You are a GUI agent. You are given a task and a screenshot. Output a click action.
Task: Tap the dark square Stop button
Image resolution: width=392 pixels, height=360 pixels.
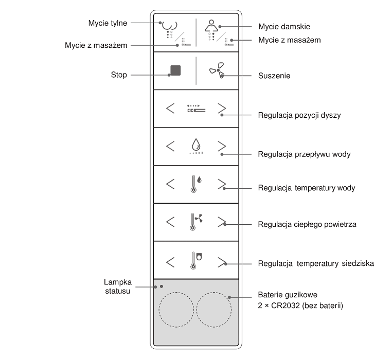pos(175,70)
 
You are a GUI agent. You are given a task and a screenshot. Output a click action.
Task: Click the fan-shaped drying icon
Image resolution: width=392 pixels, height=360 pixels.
pos(217,70)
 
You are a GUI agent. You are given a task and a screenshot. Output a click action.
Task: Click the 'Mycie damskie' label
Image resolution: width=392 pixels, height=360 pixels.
pos(284,26)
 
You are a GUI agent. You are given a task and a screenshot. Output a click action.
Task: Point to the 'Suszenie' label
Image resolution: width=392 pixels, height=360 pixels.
pos(274,76)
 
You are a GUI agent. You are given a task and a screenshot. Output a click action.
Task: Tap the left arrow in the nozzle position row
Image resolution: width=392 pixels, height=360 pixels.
pos(170,109)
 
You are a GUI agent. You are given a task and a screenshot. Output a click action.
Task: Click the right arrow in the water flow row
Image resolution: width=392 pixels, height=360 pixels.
pos(222,146)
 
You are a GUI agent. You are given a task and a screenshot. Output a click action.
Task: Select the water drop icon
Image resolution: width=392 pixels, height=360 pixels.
pos(195,145)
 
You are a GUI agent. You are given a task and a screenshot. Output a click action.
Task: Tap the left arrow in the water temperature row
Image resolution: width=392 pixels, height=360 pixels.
pos(170,184)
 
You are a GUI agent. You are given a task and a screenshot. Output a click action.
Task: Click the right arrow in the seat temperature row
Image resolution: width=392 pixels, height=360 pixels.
pos(222,261)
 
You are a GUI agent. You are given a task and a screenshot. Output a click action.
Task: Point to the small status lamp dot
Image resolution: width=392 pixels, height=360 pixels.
pos(161,286)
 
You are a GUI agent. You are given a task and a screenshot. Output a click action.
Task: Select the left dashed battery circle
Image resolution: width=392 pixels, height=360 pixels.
pos(176,310)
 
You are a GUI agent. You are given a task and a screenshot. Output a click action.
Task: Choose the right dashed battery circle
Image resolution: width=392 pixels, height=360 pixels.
pos(213,310)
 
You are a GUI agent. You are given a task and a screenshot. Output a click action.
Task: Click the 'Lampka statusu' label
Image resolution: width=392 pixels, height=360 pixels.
pos(118,286)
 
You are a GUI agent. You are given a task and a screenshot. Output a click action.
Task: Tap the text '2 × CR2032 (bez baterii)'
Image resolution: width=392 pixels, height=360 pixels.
pos(300,305)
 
